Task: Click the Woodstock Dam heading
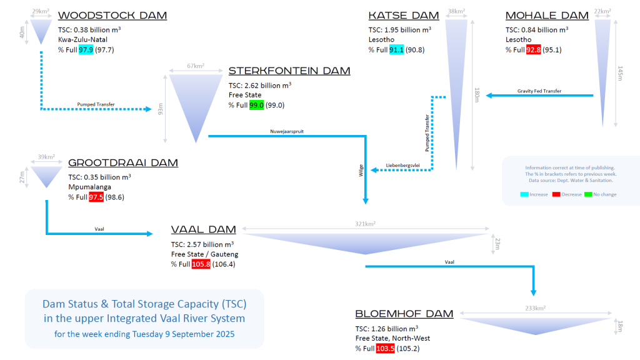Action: point(112,15)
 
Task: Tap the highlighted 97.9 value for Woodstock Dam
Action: point(86,50)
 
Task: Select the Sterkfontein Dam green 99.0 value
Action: point(256,106)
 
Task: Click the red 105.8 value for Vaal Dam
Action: point(201,264)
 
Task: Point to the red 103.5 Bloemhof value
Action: point(386,348)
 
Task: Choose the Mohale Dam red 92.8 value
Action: point(533,50)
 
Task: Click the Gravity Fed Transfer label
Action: point(539,91)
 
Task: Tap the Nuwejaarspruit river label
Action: point(287,131)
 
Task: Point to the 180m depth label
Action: point(476,94)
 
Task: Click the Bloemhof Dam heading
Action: point(404,314)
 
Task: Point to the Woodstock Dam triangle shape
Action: point(42,29)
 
